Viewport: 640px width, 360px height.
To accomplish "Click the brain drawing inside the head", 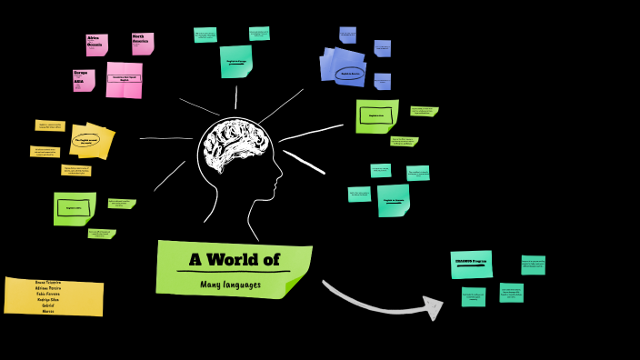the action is pos(235,146).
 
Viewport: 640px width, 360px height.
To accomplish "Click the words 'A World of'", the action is pos(234,259).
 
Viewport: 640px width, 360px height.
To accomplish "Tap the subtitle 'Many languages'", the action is pos(230,284).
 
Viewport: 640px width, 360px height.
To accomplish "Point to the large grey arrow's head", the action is pos(432,308).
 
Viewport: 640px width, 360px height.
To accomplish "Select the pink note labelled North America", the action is pos(143,43).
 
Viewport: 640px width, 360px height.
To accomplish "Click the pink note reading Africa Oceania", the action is pos(96,45).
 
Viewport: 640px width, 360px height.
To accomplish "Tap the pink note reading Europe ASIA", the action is pos(84,80).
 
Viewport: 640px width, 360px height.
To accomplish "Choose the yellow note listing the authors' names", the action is pos(54,296).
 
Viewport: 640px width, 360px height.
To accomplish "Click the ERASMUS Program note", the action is pos(471,264).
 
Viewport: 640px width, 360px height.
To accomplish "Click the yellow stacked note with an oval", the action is pos(91,141).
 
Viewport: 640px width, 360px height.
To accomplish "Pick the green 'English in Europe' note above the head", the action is pos(235,61).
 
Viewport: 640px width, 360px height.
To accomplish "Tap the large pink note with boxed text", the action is pos(125,79).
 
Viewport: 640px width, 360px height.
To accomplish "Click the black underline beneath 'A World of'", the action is pos(234,271).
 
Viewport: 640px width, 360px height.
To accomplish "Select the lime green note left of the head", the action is pos(75,208).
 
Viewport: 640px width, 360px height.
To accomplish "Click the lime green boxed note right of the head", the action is pos(376,115).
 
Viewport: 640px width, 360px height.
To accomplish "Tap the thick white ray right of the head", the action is pos(304,162).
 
